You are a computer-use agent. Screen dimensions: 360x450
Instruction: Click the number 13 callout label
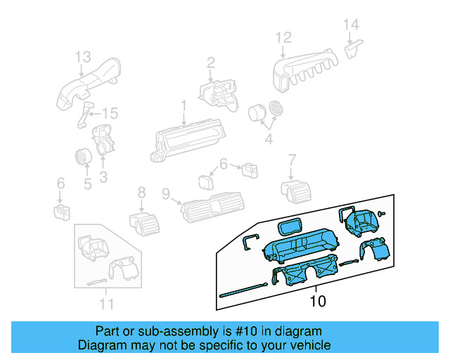pyautogui.click(x=83, y=56)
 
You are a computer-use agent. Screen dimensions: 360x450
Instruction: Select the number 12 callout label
pyautogui.click(x=283, y=37)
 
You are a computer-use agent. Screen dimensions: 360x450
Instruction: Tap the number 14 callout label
pyautogui.click(x=351, y=25)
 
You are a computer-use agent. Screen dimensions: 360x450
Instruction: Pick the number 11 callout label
pyautogui.click(x=105, y=304)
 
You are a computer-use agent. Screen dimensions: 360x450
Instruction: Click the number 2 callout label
pyautogui.click(x=210, y=65)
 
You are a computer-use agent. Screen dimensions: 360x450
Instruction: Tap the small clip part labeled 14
pyautogui.click(x=353, y=49)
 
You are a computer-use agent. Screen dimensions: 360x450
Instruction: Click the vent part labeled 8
pyautogui.click(x=143, y=222)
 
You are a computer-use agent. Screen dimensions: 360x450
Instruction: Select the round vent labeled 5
pyautogui.click(x=83, y=157)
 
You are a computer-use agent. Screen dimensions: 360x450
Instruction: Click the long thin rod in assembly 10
pyautogui.click(x=243, y=289)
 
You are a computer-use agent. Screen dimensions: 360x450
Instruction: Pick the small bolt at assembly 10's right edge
pyautogui.click(x=380, y=212)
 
